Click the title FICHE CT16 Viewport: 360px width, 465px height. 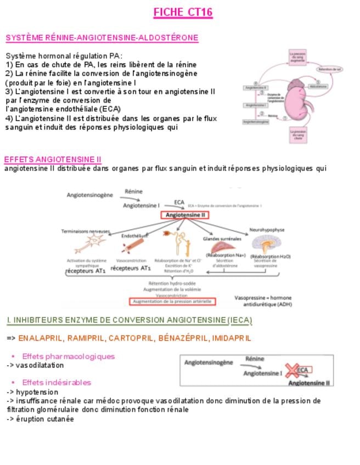point(182,13)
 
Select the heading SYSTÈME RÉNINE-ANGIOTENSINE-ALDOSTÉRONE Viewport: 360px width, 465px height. point(102,38)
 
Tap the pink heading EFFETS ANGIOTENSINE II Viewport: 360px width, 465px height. point(53,159)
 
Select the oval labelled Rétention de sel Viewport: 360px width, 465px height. point(331,69)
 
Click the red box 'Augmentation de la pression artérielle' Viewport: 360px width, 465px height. point(172,302)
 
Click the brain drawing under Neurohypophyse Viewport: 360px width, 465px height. point(267,244)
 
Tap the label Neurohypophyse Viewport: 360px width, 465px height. point(267,230)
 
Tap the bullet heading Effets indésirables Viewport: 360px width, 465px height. point(57,382)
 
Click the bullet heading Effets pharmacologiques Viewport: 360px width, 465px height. point(68,356)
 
